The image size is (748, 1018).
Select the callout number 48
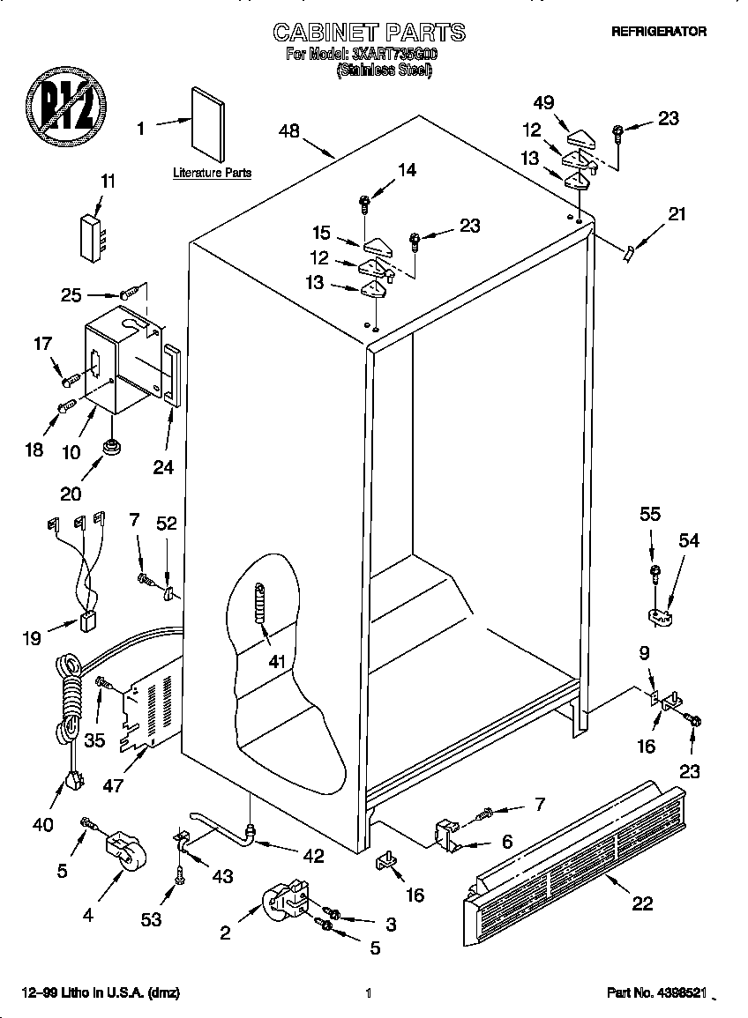tap(289, 131)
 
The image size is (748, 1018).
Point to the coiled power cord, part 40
tap(69, 705)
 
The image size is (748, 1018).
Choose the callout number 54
tap(688, 540)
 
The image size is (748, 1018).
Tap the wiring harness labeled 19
tap(81, 573)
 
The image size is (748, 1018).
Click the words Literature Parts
tap(212, 174)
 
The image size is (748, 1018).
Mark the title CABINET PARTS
tap(369, 33)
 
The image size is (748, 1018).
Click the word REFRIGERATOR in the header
tap(659, 31)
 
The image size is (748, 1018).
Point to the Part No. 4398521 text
tap(656, 993)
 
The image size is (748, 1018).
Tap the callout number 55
tap(650, 514)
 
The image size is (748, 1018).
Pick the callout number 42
tap(313, 856)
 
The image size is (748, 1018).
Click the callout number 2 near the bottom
tap(226, 933)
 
